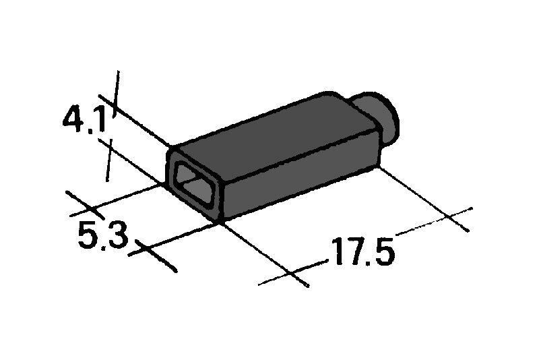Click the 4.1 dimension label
[x=85, y=119]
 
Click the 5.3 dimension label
[x=103, y=235]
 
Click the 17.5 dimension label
[x=362, y=251]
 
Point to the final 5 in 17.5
[x=383, y=251]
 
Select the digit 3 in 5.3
[x=117, y=235]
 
